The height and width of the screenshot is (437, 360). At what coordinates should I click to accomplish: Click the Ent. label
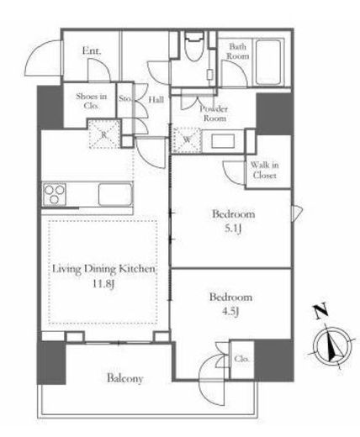click(x=92, y=51)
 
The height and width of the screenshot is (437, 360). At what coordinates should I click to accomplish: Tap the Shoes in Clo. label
click(x=92, y=101)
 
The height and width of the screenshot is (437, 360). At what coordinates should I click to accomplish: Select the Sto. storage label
click(x=124, y=98)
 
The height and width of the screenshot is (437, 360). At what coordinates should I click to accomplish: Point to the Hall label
click(x=156, y=99)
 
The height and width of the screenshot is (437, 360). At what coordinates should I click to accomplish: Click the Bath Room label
click(x=238, y=51)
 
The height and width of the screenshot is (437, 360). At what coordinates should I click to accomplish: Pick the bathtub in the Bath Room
click(x=268, y=62)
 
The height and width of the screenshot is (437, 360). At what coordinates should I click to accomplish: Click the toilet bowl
click(x=194, y=46)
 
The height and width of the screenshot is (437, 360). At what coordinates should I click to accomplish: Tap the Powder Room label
click(x=214, y=113)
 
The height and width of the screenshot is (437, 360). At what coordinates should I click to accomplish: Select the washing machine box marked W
click(x=187, y=140)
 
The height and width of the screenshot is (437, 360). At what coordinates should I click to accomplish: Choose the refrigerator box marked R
click(x=104, y=134)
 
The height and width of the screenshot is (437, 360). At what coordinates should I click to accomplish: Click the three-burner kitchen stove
click(x=55, y=194)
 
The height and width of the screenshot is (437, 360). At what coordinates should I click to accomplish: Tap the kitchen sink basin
click(x=115, y=194)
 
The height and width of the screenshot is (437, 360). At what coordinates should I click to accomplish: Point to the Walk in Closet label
click(x=264, y=170)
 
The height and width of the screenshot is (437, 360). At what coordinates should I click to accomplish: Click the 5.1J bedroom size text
click(x=233, y=229)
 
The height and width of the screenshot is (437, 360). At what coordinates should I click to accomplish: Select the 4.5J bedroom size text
click(x=230, y=312)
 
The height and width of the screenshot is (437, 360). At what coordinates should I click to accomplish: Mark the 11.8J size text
click(x=103, y=284)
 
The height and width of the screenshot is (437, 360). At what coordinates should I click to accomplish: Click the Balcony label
click(x=125, y=378)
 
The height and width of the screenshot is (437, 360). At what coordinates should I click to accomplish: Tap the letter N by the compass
click(x=320, y=311)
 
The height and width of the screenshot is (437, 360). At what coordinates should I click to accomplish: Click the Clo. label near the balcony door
click(x=241, y=359)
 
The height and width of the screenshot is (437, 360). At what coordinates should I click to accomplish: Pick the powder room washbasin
click(x=223, y=141)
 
